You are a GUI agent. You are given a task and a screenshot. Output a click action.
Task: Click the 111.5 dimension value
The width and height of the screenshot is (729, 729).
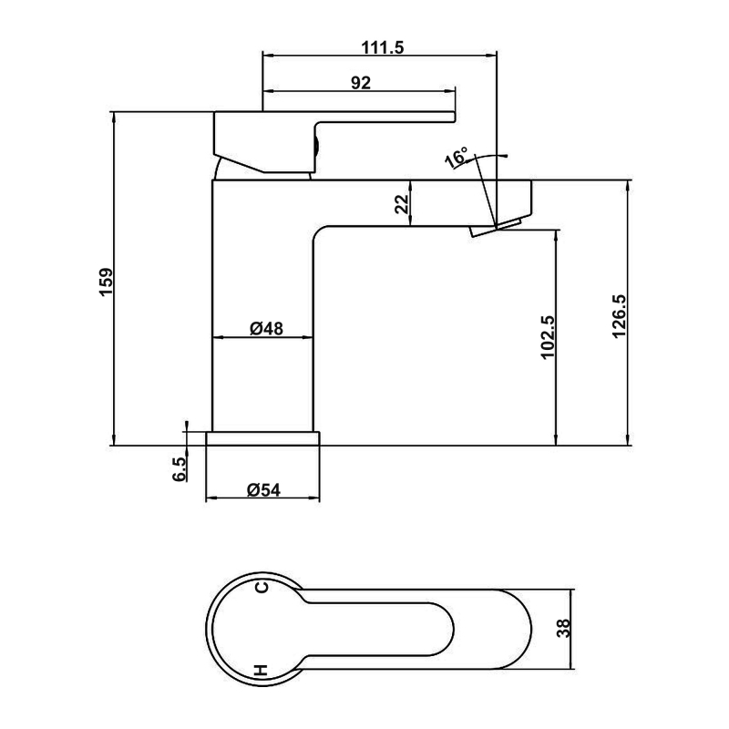[383, 47]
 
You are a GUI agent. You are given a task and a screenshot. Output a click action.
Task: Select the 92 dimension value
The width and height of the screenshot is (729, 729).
[361, 83]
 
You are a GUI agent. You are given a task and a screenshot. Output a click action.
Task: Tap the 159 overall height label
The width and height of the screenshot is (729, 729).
[106, 282]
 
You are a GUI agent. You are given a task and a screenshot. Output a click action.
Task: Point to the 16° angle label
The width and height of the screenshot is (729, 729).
[457, 158]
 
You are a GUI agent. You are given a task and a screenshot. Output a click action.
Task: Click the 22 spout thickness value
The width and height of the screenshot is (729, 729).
[402, 204]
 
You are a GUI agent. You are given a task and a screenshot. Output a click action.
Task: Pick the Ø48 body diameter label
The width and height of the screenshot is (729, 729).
[266, 329]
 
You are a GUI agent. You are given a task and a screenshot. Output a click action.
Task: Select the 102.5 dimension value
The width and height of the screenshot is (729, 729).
[548, 337]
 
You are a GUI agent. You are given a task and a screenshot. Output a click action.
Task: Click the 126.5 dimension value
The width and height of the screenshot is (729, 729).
[620, 316]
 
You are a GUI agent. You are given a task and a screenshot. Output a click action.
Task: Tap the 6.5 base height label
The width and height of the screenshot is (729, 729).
[179, 468]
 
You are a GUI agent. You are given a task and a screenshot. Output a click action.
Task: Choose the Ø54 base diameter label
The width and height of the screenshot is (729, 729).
[263, 489]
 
